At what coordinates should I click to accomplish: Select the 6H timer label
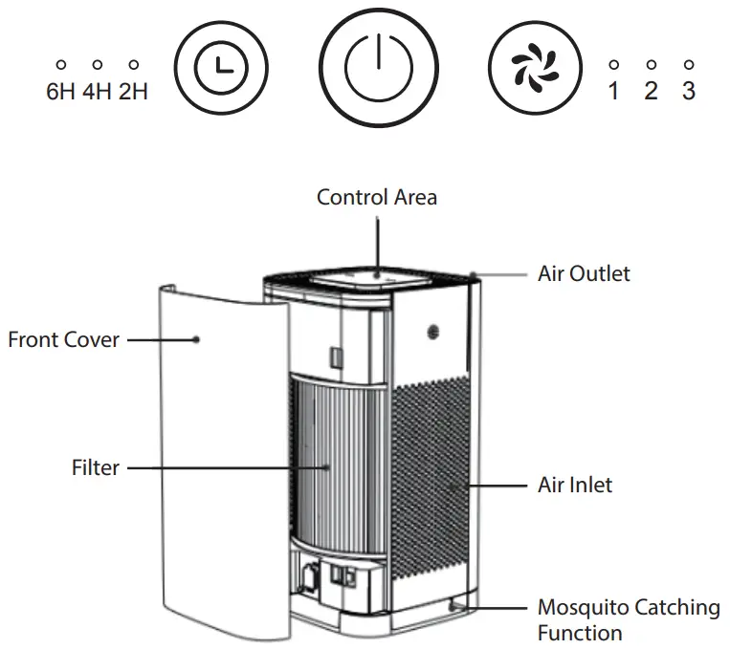point(60,94)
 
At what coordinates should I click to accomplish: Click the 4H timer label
point(97,94)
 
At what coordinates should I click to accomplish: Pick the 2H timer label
point(134,94)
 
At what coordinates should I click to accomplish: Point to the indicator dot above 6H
point(60,65)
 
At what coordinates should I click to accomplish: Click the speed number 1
point(614,93)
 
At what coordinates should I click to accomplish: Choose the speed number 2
point(651,93)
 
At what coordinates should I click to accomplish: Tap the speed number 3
point(688,93)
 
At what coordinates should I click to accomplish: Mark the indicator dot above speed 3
point(688,65)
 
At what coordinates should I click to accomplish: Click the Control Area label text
point(377,197)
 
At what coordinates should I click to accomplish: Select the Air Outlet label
point(584,274)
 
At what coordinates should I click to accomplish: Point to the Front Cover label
point(64,339)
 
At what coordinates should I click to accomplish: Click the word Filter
point(96,468)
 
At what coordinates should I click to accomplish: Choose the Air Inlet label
point(574,485)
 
